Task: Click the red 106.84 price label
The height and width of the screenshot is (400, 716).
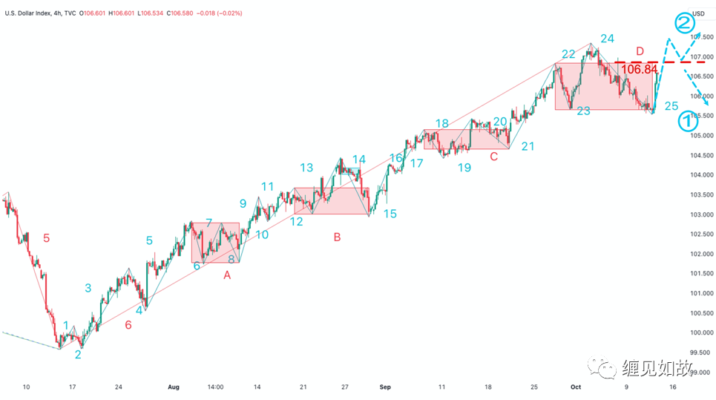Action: pyautogui.click(x=639, y=69)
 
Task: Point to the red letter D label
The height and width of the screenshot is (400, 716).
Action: pyautogui.click(x=640, y=50)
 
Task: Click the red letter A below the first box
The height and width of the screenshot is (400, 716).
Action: pyautogui.click(x=227, y=275)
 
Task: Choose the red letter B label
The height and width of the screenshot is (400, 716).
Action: pyautogui.click(x=337, y=237)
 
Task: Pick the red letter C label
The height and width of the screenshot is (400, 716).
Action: pyautogui.click(x=493, y=157)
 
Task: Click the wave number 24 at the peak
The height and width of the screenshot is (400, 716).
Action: pyautogui.click(x=607, y=39)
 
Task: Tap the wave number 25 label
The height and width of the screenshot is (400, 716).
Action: pyautogui.click(x=671, y=106)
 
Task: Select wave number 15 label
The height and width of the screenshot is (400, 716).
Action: pyautogui.click(x=390, y=214)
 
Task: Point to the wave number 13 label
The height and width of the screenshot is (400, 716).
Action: pyautogui.click(x=306, y=168)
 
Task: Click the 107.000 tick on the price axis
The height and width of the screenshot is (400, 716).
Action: pyautogui.click(x=701, y=56)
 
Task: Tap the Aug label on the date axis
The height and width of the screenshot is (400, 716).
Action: pyautogui.click(x=174, y=387)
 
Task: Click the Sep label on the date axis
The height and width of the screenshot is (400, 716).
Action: pyautogui.click(x=384, y=387)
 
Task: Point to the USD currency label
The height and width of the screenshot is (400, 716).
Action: pyautogui.click(x=699, y=13)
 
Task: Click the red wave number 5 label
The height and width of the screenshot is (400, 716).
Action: pyautogui.click(x=46, y=238)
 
